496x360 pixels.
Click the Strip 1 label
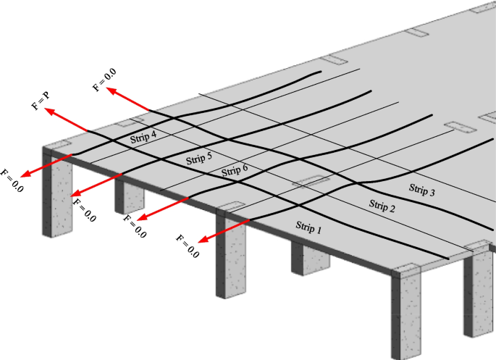point(307,226)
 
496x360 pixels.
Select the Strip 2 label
point(382,205)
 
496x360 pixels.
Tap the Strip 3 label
point(422,191)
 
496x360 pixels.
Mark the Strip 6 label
point(235,171)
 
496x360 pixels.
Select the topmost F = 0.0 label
point(104,79)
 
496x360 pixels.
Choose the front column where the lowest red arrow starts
point(230,254)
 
